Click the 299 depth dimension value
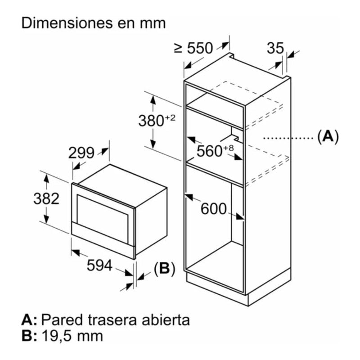pos(81,153)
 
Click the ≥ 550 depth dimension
pos(193,48)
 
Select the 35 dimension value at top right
pos(275,48)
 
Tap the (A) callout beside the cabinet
pos(327,136)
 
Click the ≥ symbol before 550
pos(178,48)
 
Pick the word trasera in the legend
pos(110,320)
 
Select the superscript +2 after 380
pos(170,118)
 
